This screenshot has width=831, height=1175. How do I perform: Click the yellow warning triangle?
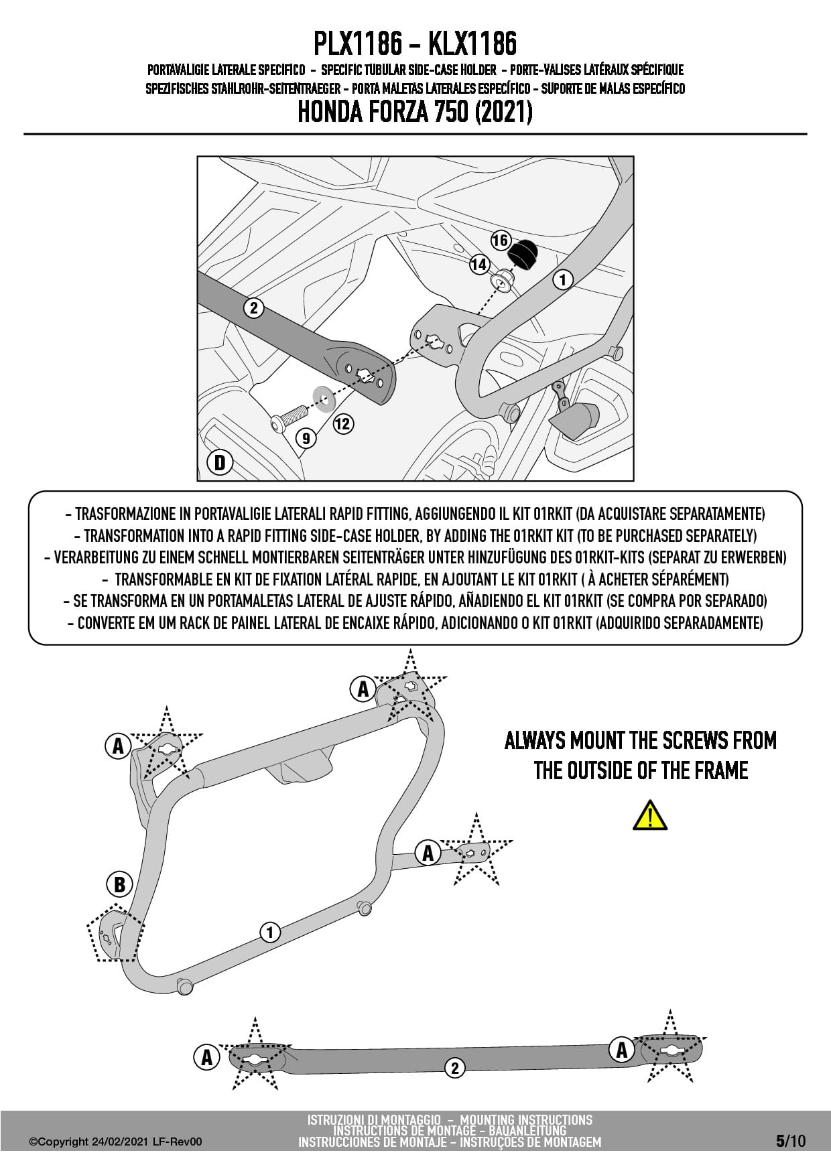click(649, 815)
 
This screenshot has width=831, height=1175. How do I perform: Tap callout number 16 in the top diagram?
click(501, 240)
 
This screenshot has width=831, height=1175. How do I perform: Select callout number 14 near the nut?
click(478, 265)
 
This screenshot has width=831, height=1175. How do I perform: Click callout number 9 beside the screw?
click(306, 438)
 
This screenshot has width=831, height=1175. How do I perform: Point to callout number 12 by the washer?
click(342, 423)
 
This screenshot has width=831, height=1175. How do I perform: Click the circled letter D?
click(219, 462)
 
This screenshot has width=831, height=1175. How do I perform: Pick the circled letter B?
click(119, 884)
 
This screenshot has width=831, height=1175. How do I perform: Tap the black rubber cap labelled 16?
click(521, 255)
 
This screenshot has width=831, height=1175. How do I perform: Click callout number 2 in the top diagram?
click(253, 308)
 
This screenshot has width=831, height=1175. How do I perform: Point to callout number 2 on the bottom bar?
click(455, 1068)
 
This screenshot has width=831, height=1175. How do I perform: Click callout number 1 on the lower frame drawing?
click(270, 932)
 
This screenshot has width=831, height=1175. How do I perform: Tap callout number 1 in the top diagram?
click(562, 279)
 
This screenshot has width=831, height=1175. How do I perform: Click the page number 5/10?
click(791, 1141)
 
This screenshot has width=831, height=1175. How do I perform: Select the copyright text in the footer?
click(115, 1142)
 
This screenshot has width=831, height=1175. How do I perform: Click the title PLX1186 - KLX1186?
click(415, 44)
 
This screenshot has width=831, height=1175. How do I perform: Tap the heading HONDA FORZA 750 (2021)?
click(415, 112)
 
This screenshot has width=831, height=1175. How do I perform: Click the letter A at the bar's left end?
click(206, 1057)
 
